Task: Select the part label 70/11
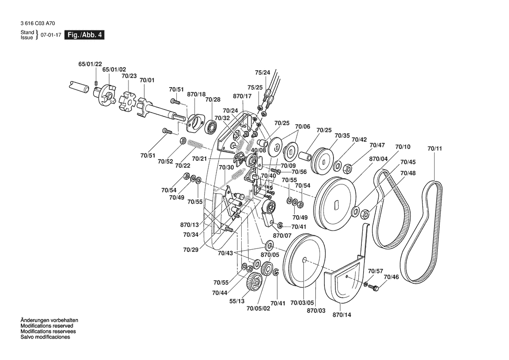(x=435, y=149)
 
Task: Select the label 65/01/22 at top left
(x=90, y=64)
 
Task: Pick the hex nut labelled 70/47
(x=348, y=167)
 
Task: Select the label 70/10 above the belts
(x=403, y=147)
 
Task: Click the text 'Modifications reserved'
(x=47, y=326)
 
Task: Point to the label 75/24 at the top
(x=262, y=72)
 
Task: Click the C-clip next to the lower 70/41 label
(x=276, y=272)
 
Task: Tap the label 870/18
(x=196, y=94)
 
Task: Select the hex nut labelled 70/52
(x=183, y=141)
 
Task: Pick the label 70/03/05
(x=302, y=302)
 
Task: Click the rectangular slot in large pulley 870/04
(x=336, y=204)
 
